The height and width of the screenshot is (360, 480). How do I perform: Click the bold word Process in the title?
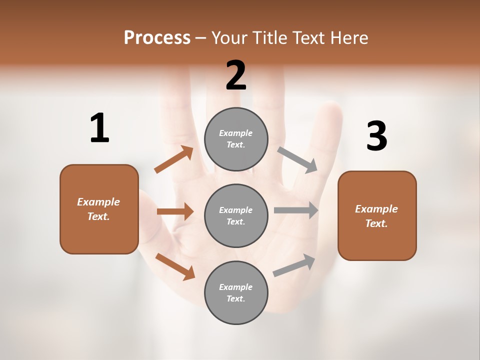click(157, 37)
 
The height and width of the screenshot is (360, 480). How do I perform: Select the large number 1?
click(99, 128)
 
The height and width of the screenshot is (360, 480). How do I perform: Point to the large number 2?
click(236, 75)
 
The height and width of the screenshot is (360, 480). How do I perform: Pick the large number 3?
click(376, 136)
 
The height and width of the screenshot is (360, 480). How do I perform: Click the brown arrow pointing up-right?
click(174, 159)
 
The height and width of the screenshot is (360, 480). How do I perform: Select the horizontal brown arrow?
click(175, 211)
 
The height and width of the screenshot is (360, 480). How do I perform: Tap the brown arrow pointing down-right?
click(175, 266)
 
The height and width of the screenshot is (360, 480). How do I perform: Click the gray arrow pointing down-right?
click(297, 159)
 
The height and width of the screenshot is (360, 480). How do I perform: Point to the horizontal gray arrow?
click(296, 210)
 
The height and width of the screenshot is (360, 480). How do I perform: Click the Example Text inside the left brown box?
click(98, 209)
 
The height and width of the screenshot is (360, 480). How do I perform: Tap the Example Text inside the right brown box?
click(376, 216)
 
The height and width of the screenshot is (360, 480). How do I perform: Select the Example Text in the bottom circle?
click(235, 292)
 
